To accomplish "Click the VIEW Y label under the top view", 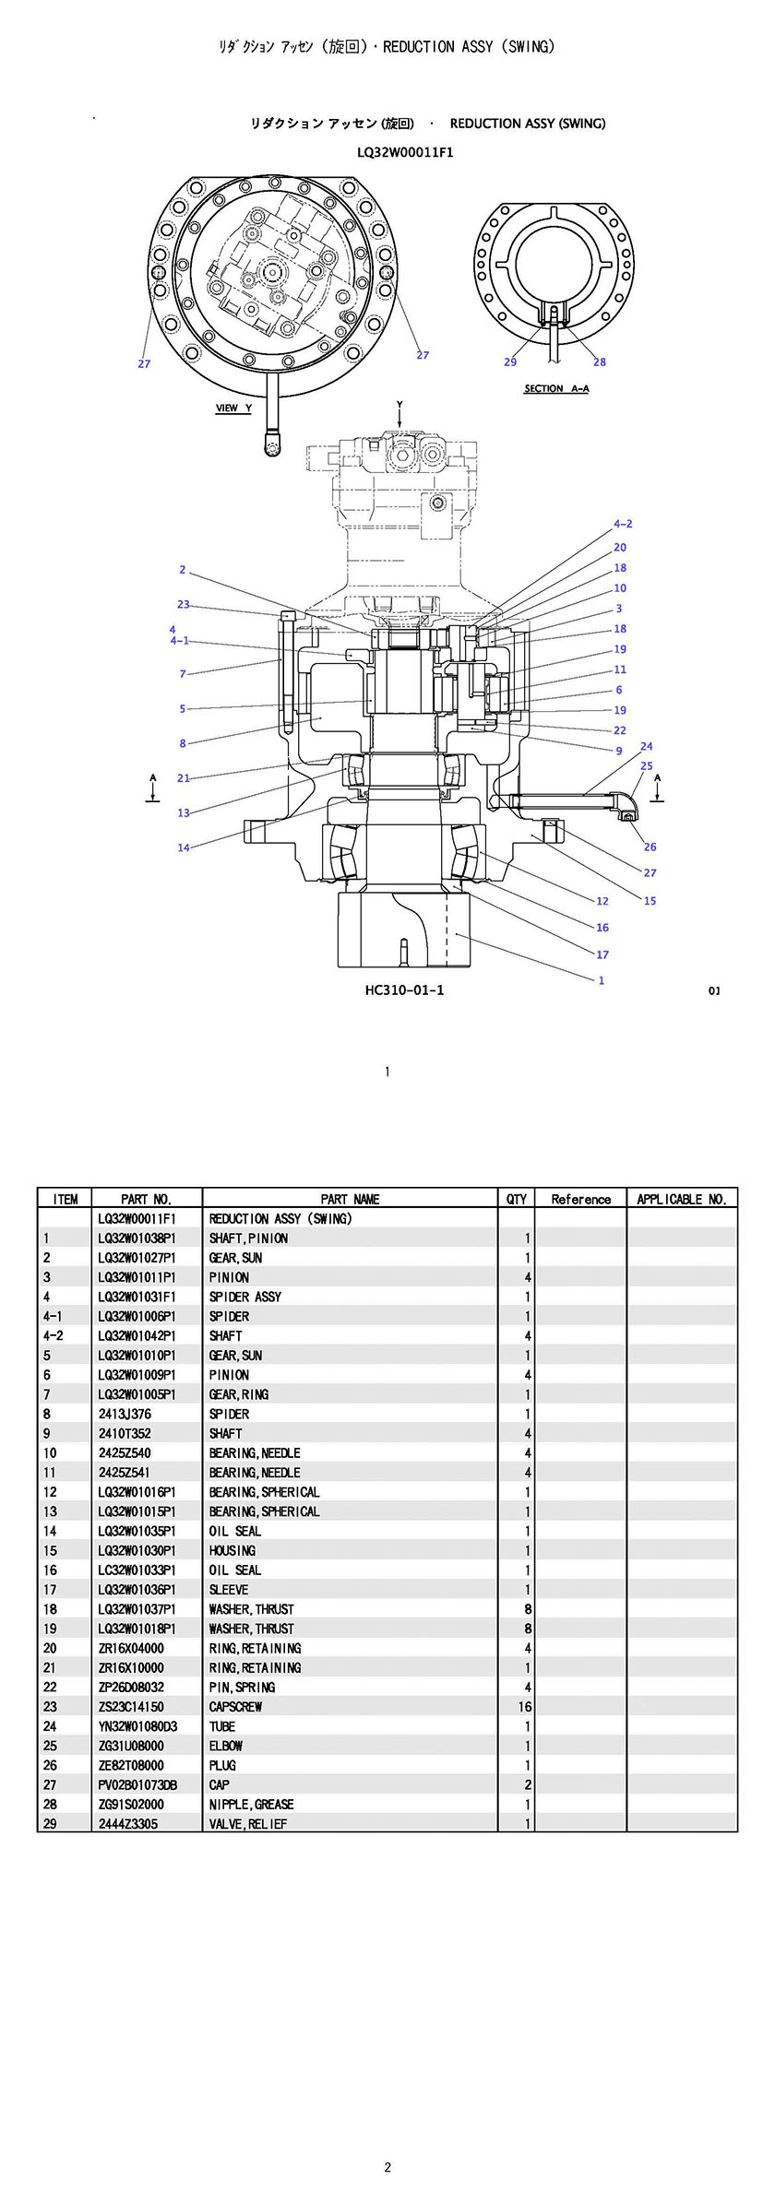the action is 233,408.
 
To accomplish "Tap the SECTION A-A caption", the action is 556,388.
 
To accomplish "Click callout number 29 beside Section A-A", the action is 510,361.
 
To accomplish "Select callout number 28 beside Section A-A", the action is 600,361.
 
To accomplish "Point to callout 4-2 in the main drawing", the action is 623,524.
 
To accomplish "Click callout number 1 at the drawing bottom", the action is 602,980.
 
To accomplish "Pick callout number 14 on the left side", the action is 184,847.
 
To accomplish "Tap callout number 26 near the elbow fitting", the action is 650,847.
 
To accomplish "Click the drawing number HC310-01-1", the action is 405,990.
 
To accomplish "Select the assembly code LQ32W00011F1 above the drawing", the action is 405,152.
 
